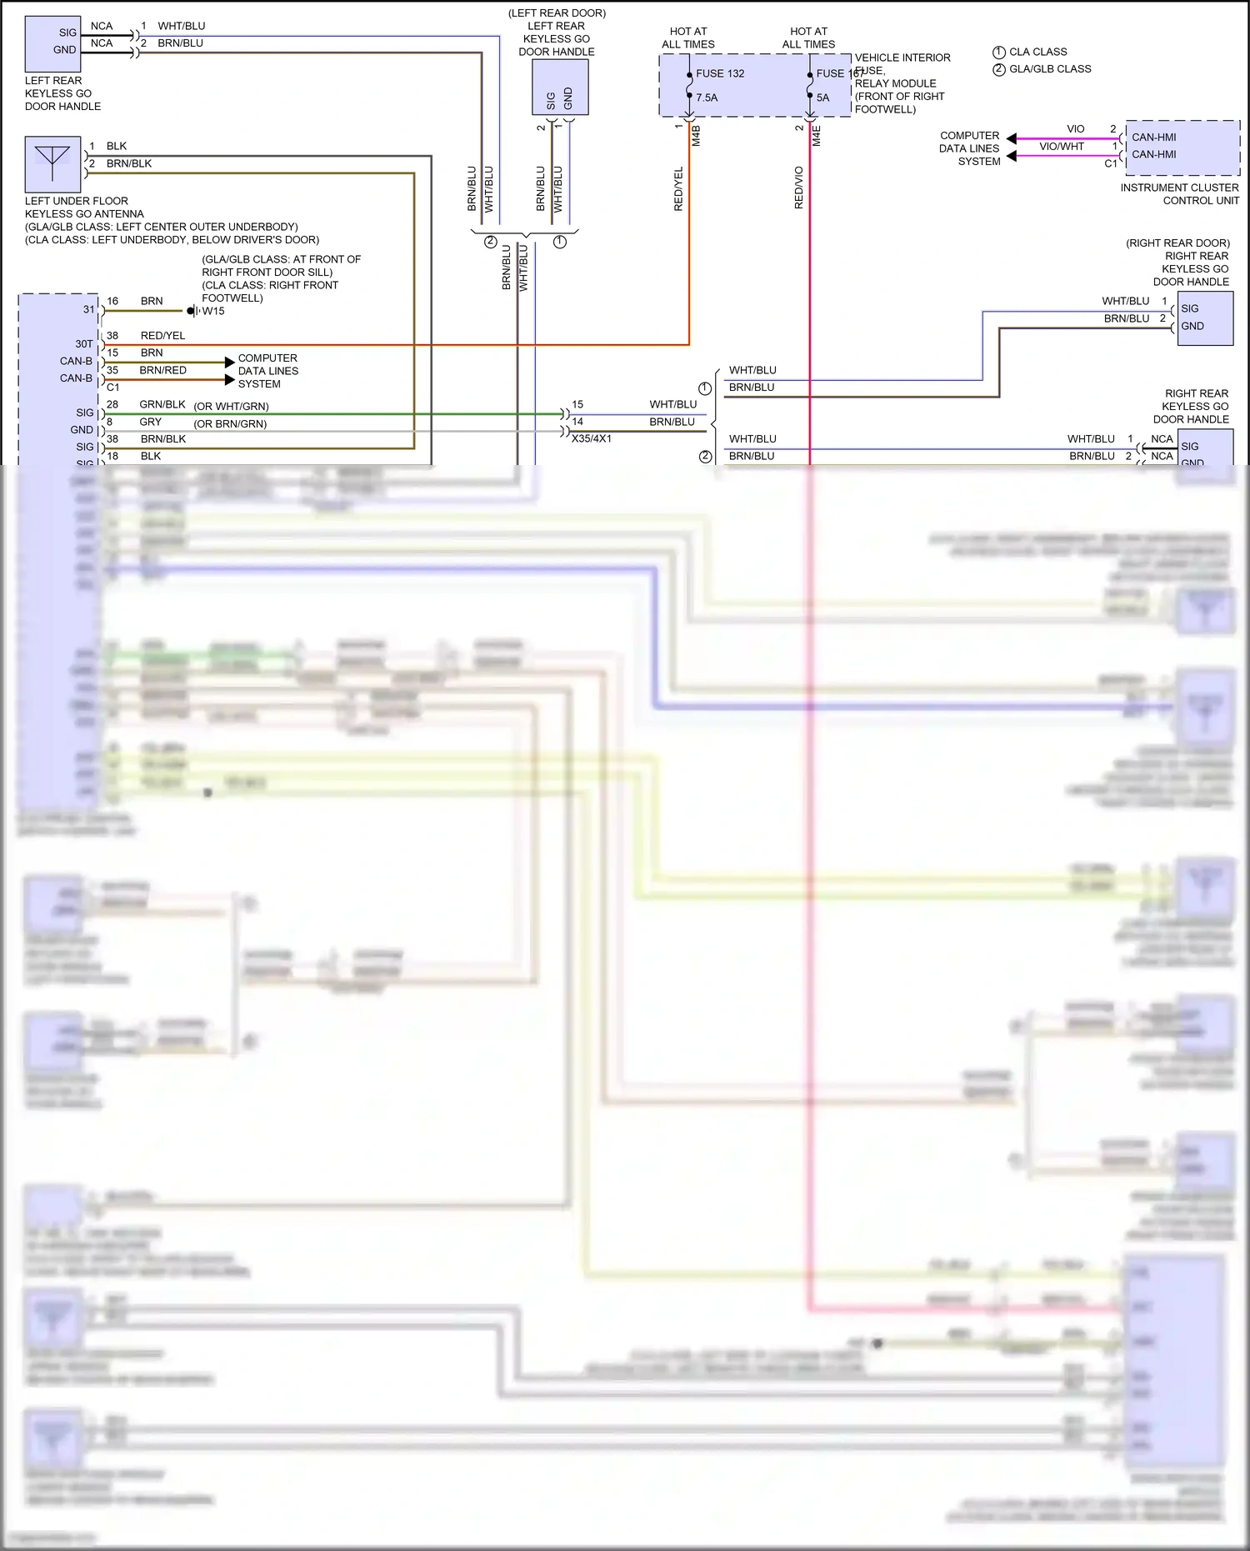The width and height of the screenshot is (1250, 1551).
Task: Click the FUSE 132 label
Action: pos(720,73)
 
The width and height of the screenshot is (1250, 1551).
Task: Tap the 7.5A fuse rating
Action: pos(707,98)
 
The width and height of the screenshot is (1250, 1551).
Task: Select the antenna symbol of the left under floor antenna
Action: pos(52,164)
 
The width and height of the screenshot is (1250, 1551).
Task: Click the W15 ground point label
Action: pos(213,311)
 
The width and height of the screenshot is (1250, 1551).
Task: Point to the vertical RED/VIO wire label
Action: pos(798,188)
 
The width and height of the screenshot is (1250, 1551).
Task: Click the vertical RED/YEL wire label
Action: pos(678,188)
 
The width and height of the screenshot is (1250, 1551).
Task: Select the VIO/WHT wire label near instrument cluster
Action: pos(1062,147)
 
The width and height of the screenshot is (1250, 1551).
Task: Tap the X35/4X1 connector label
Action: pos(592,438)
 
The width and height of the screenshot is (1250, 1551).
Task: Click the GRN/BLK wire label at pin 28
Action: pos(162,404)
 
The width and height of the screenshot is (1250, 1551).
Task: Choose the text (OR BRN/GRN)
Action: pos(230,423)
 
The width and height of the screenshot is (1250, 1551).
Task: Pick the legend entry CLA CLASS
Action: pos(1037,52)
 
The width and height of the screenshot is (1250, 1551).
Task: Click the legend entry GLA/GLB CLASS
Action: pos(1050,69)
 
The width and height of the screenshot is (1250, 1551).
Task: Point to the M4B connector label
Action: pos(696,136)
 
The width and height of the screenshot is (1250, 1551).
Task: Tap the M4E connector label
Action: pos(817,136)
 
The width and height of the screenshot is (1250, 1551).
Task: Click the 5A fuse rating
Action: pos(822,98)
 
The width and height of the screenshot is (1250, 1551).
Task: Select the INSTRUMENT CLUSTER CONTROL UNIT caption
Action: pos(1179,194)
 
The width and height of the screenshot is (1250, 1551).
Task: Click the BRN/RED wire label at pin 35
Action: pos(162,370)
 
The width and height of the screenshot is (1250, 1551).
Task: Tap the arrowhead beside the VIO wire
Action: pos(1011,138)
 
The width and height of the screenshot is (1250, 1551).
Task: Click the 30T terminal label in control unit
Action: pos(83,343)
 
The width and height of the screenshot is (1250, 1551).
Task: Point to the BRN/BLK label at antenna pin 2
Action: pos(128,163)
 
